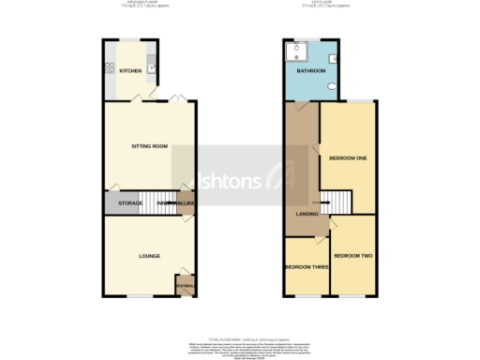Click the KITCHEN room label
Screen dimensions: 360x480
coord(130,71)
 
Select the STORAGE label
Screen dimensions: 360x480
coord(129,203)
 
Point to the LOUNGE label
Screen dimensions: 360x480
coord(149,256)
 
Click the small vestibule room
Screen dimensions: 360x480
coord(184,285)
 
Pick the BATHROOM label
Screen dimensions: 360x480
coord(311,71)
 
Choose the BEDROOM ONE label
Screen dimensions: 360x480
coord(348,157)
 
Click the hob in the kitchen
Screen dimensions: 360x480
coord(111,68)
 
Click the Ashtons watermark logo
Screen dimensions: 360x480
coord(249,177)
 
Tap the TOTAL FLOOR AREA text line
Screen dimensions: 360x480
coord(241,338)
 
